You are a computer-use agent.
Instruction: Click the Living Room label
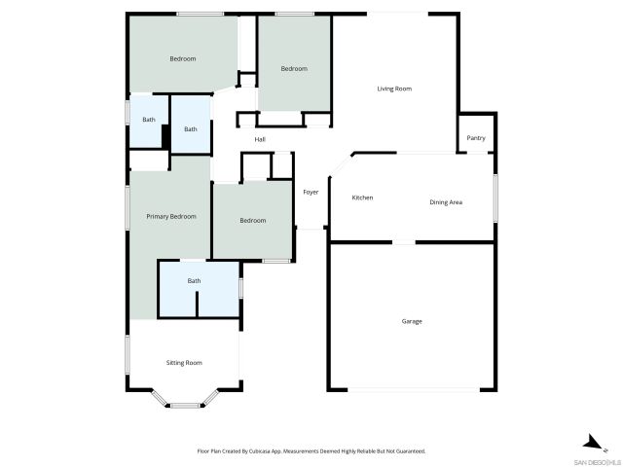coord(394,89)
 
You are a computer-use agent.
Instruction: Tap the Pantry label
coord(476,138)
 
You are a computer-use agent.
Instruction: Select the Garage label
coord(412,321)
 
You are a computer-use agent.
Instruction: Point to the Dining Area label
coord(446,202)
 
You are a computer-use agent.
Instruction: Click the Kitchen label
coord(362,198)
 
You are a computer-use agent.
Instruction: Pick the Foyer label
coord(311,192)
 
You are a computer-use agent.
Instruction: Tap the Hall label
coord(260,140)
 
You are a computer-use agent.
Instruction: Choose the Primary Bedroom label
coord(171,216)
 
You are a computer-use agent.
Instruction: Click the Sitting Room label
coord(184,362)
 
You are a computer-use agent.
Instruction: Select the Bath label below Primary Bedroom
coord(195,281)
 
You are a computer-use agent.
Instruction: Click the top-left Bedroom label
coord(183,59)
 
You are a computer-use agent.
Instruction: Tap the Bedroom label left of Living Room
coord(294,68)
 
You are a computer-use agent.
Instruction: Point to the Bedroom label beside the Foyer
coord(253,221)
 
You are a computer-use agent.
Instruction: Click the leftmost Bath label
coord(149,120)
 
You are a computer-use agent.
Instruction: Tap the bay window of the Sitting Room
coord(184,402)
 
